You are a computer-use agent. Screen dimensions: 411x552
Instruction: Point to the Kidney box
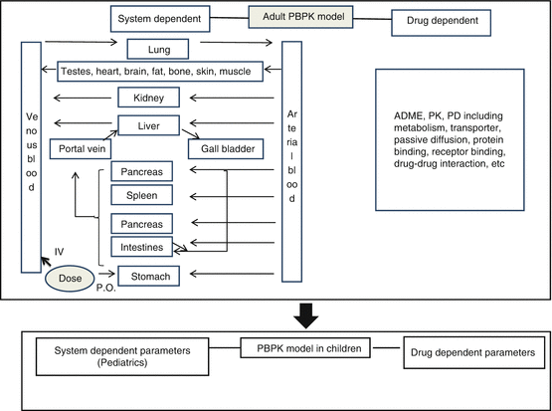point(147,98)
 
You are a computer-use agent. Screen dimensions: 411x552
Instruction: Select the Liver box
point(147,124)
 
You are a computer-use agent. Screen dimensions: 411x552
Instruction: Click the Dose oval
point(71,278)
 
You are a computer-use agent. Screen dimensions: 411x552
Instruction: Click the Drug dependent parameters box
point(474,353)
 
